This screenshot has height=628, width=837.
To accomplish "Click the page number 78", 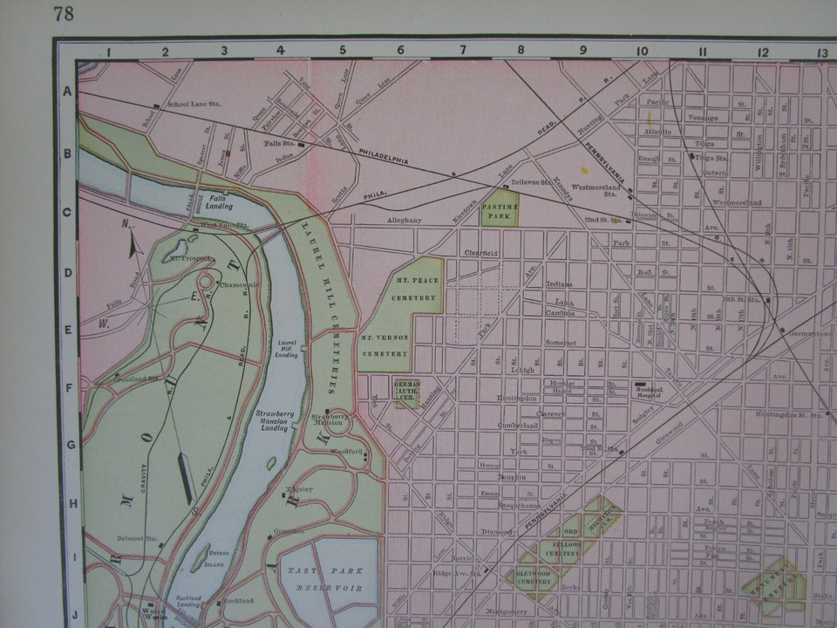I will click(x=63, y=13).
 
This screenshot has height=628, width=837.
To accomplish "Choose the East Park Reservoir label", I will click(x=329, y=579).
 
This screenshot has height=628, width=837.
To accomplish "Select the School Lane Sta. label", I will click(x=194, y=104).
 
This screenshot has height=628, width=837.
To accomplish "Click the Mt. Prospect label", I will click(x=189, y=259).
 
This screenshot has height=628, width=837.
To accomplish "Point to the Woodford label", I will click(x=344, y=451).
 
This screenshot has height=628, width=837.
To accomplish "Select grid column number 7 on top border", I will click(x=462, y=50).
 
